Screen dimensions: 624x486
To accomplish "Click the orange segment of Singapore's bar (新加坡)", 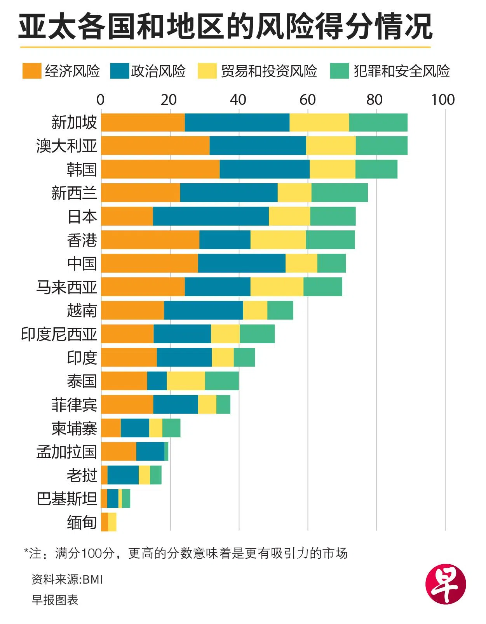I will tap(143, 123).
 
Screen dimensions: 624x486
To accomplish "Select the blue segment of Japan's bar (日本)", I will tap(211, 216).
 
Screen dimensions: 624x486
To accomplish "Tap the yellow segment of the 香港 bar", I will tap(278, 240).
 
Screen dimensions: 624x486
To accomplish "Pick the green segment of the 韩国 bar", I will tap(376, 169).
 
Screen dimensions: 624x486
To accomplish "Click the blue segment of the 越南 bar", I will tap(203, 310).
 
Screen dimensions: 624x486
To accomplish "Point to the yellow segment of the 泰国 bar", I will tap(186, 381).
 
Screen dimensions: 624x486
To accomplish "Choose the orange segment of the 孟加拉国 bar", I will tap(118, 451).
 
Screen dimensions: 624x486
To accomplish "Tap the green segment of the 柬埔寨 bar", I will tap(171, 428).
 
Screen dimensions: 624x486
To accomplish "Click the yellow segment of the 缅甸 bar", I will tap(112, 522).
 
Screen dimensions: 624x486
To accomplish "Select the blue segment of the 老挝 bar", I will tap(123, 475).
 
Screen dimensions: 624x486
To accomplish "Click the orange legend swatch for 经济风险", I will tap(31, 71).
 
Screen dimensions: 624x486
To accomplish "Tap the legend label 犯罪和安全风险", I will tap(401, 71).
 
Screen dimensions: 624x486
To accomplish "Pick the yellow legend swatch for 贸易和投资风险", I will tap(207, 71).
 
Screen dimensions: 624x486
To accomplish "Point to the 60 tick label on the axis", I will tap(307, 100).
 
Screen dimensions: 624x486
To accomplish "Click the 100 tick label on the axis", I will tap(443, 100).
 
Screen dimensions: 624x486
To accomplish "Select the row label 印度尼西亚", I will tap(59, 334).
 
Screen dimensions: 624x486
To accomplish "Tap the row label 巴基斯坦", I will tap(66, 499).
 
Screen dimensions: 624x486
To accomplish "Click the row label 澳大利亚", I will tap(66, 146).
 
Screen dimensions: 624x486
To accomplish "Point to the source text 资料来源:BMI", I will tap(67, 579).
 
